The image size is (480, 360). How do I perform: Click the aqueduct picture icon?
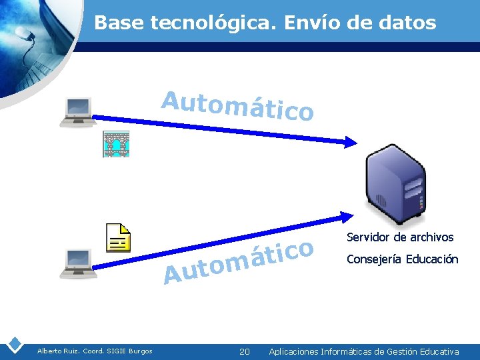(115, 145)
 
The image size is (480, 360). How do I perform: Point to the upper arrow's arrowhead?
(350, 141)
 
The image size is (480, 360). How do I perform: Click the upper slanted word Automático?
(237, 107)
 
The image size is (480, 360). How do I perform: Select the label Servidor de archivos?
(400, 237)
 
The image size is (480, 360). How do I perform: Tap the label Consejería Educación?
(402, 259)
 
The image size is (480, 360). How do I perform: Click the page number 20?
(244, 351)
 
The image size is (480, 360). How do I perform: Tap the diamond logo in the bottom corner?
(14, 345)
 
